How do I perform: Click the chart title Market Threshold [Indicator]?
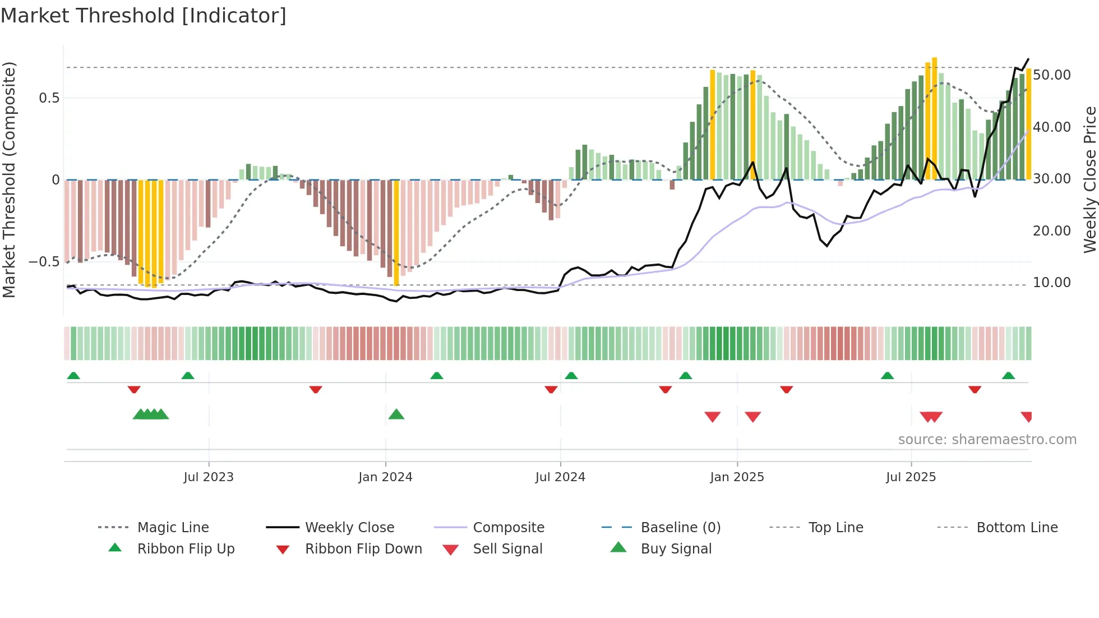point(144,16)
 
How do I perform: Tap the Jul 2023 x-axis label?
point(209,477)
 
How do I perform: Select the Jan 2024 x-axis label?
point(385,477)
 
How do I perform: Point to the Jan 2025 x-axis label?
point(737,477)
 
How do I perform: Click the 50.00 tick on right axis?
point(1051,75)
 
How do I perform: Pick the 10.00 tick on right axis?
point(1051,283)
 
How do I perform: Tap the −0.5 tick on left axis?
point(44,262)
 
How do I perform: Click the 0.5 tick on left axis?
point(49,98)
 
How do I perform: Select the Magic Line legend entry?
point(173,528)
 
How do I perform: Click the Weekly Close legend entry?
point(349,528)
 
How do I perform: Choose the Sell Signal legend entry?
point(507,549)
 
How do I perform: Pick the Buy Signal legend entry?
point(676,549)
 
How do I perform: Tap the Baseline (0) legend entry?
point(680,528)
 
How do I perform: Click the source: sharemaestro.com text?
point(987,440)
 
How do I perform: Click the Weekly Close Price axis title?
point(1089,179)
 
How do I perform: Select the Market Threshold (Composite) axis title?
point(9,179)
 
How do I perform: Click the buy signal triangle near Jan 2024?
point(396,414)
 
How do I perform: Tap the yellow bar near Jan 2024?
point(396,233)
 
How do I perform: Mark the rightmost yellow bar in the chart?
point(1029,123)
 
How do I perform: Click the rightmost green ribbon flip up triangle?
point(1008,376)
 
